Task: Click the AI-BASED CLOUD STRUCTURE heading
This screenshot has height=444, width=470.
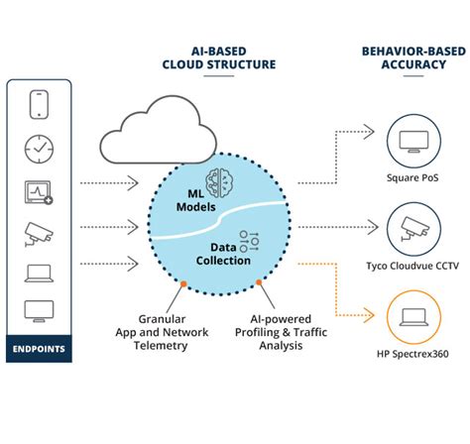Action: pos(219,57)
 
